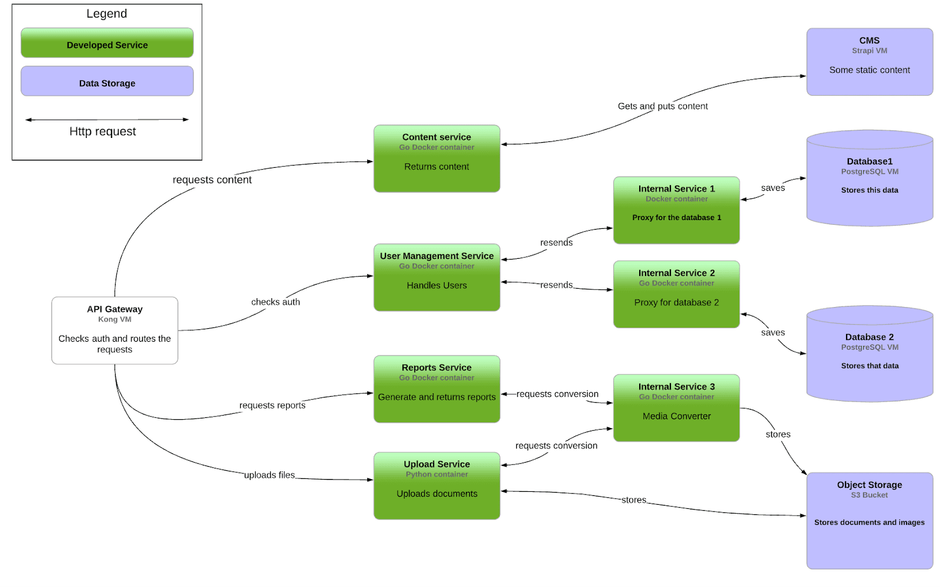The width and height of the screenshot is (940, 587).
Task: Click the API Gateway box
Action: click(x=115, y=330)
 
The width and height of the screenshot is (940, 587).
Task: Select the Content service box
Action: click(x=437, y=158)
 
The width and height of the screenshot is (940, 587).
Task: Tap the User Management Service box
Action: click(x=437, y=277)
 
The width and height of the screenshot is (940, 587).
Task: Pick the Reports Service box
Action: click(x=437, y=389)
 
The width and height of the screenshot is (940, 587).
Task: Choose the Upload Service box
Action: click(x=437, y=485)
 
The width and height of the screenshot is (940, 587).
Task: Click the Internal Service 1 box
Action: click(x=676, y=210)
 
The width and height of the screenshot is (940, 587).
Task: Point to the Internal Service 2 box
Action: click(x=676, y=294)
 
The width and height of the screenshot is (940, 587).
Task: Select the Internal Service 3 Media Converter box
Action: click(x=676, y=408)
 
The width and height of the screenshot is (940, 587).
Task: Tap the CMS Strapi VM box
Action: click(x=869, y=62)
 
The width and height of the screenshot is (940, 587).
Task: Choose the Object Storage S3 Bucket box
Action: click(x=869, y=521)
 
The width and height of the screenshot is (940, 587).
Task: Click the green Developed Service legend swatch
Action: click(x=107, y=43)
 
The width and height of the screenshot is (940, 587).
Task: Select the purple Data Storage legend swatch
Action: click(x=107, y=81)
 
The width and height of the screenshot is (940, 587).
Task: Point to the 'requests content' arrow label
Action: click(x=212, y=180)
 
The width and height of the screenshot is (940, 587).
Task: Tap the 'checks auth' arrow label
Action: click(x=276, y=302)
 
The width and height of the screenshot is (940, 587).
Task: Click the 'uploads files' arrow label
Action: click(x=269, y=475)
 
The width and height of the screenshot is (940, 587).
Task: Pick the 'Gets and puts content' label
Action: click(x=663, y=106)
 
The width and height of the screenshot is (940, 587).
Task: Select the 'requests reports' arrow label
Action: click(x=272, y=405)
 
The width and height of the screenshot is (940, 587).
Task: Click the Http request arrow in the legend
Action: click(x=107, y=120)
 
